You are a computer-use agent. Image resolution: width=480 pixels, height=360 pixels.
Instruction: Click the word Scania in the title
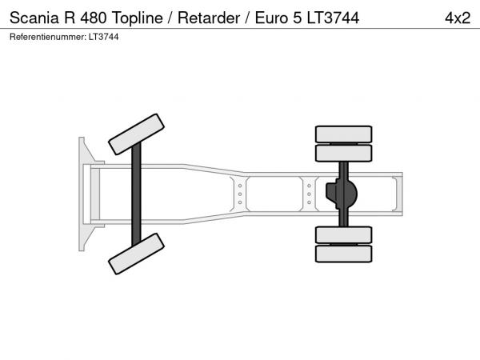[34, 18]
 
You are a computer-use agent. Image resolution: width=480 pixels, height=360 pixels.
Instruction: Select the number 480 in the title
[94, 18]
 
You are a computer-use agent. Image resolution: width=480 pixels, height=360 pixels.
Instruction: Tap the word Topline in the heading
[138, 18]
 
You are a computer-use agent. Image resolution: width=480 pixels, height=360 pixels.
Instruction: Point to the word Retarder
[209, 18]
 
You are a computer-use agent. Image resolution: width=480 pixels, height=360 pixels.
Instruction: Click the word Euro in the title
[271, 18]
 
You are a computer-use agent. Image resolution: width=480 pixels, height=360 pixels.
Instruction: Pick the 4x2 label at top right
[458, 18]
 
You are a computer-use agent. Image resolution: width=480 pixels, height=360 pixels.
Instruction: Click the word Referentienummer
[48, 37]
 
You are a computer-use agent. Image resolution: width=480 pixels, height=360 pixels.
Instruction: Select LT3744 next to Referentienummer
[103, 37]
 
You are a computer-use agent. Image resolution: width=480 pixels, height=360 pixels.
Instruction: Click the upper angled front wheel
[136, 134]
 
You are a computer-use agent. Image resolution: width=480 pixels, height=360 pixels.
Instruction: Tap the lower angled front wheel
[136, 254]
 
